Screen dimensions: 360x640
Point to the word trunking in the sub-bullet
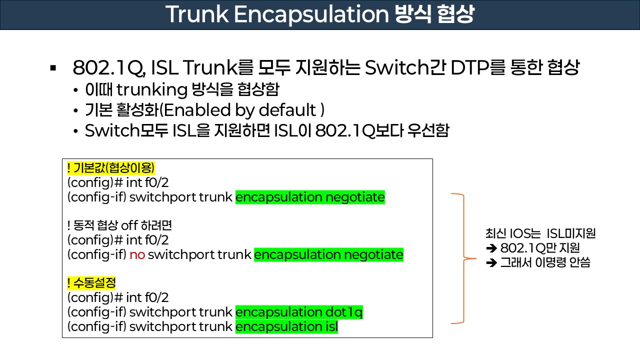tap(152, 90)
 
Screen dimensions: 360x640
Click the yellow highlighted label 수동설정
tap(91, 283)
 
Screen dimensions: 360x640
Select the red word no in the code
tap(137, 255)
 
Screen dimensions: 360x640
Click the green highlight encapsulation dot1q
tap(299, 312)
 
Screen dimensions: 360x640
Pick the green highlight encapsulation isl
tap(286, 327)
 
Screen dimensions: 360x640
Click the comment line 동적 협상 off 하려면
tap(119, 225)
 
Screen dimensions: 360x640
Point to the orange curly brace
tap(463, 258)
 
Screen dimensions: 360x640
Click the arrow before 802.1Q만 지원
tap(490, 248)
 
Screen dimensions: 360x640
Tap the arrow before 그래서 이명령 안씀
tap(490, 262)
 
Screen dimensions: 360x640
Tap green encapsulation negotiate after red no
tap(328, 255)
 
